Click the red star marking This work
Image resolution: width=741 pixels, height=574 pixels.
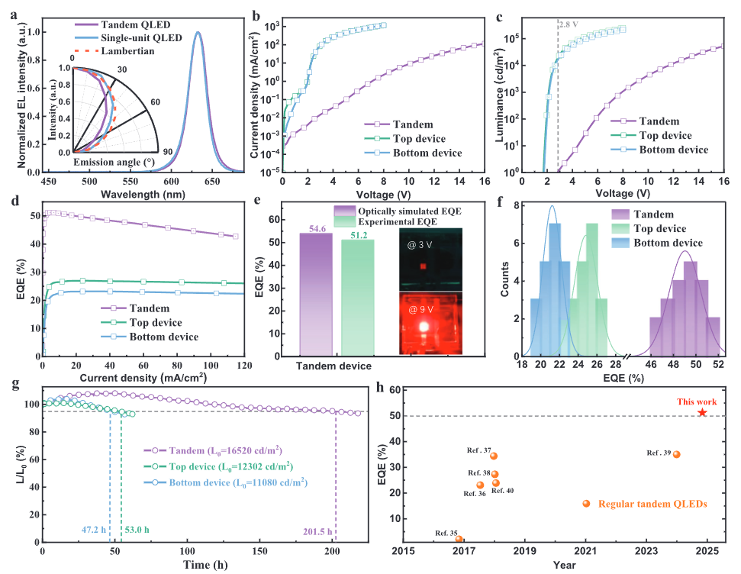pos(702,413)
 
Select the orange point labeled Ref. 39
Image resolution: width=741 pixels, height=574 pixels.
pos(676,454)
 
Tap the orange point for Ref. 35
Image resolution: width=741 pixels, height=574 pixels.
pos(459,539)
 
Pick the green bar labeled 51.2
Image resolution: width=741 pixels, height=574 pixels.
pos(357,297)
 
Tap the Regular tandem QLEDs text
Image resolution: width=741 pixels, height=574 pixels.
pos(653,505)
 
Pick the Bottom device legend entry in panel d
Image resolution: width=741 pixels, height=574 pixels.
pos(163,337)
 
